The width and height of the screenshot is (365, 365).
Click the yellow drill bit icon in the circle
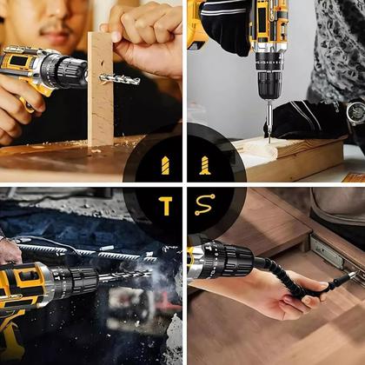tap(164, 164)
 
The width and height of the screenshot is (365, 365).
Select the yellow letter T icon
tap(164, 205)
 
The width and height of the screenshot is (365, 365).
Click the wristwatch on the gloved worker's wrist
tap(355, 113)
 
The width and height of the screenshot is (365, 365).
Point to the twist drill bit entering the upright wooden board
tap(120, 79)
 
